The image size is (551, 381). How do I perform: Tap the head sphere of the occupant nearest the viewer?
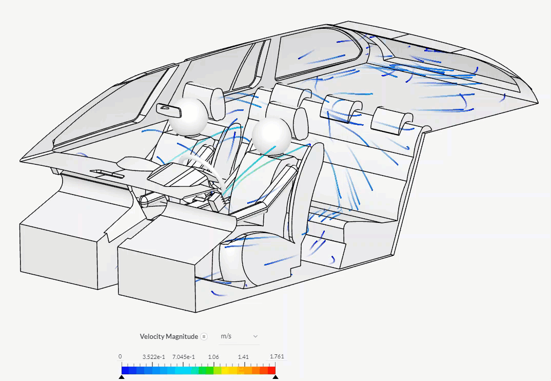tap(272, 136)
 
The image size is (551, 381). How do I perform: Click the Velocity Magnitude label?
tap(168, 336)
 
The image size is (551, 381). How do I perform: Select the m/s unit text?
tap(226, 336)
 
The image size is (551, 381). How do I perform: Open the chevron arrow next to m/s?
tap(255, 336)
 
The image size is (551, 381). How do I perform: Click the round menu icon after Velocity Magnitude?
tap(204, 336)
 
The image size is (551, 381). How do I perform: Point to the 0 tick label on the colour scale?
tap(120, 357)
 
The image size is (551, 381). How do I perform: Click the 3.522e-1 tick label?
tap(153, 357)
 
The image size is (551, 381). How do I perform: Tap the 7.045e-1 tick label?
tap(183, 357)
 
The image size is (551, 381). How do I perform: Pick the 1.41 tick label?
tap(244, 357)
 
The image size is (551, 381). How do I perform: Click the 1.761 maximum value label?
tap(277, 357)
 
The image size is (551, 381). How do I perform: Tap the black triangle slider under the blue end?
tap(122, 377)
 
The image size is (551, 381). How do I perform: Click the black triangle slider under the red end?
tap(275, 377)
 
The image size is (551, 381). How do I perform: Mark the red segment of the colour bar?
tap(271, 370)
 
